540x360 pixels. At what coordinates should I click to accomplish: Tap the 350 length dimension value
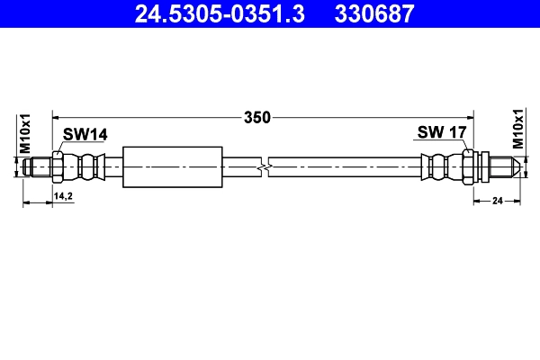[x=258, y=116]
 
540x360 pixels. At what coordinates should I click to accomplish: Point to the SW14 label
[x=85, y=134]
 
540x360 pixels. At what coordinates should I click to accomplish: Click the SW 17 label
[x=441, y=133]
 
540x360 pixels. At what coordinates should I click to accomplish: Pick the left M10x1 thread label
[x=25, y=132]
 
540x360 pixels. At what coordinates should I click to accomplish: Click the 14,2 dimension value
[x=63, y=194]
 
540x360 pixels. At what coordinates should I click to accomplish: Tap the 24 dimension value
[x=496, y=202]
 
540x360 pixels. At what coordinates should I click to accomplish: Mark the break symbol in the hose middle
[x=263, y=167]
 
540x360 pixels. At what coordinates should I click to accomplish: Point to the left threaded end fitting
[x=38, y=167]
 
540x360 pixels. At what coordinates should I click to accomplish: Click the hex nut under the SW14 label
[x=58, y=167]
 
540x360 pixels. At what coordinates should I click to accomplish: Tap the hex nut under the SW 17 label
[x=468, y=167]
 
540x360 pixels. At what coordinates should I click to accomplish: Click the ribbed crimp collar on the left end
[x=89, y=167]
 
